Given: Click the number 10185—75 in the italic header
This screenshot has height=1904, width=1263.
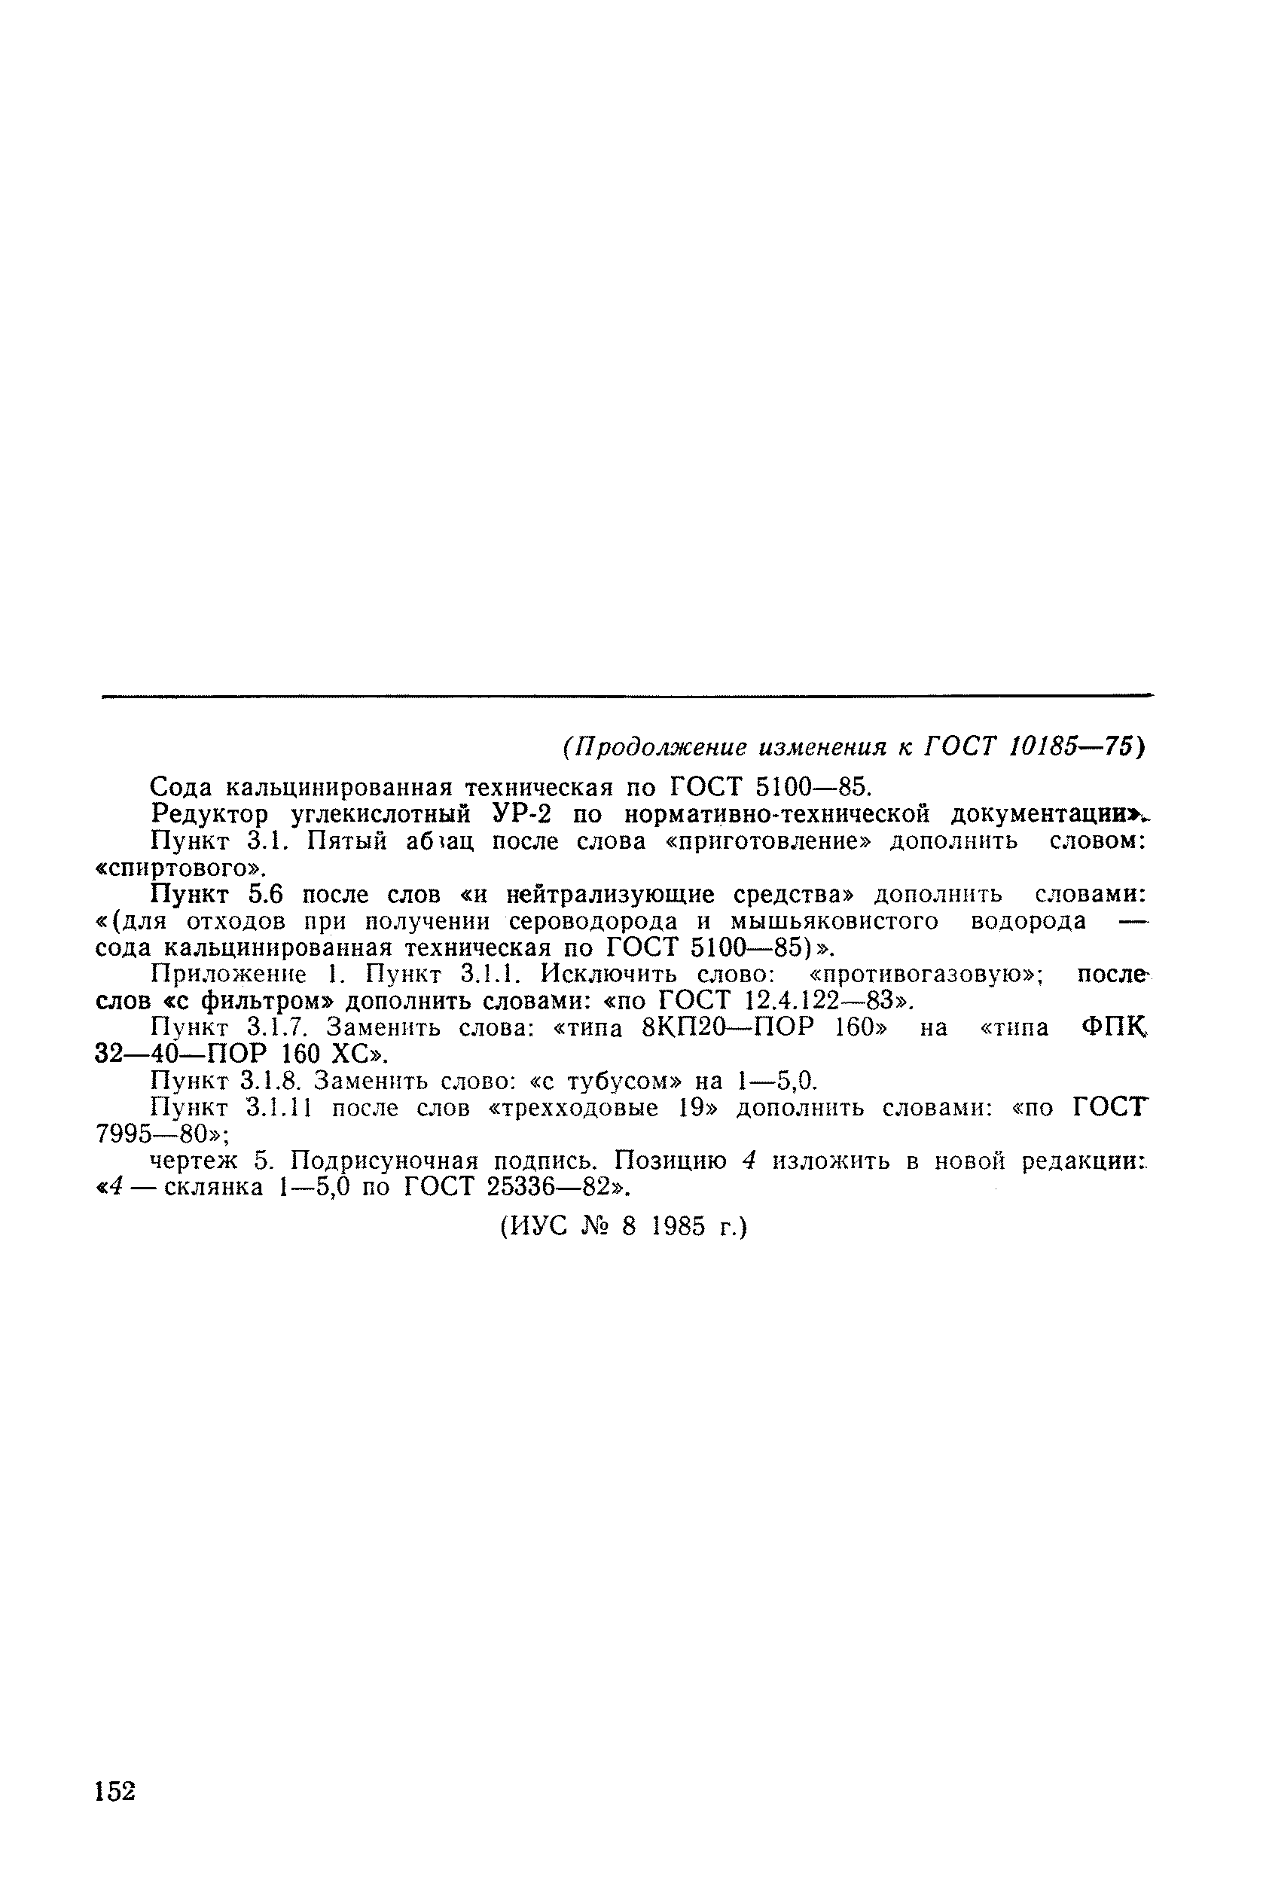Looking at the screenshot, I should point(1069,747).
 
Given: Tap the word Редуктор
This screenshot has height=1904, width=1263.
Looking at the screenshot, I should point(209,814).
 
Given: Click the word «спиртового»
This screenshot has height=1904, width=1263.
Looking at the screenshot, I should point(181,868).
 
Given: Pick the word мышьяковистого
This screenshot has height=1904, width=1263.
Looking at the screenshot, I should point(833,920).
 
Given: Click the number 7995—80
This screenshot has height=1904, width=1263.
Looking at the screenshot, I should point(151,1134).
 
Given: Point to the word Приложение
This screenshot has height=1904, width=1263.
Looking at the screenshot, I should point(230,975).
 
